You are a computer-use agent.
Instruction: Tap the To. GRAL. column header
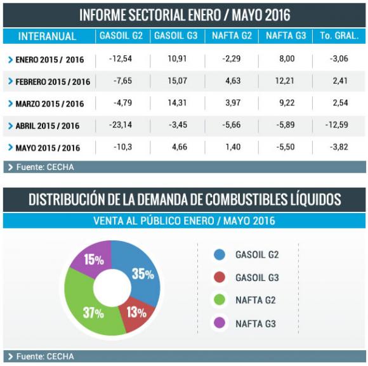tap(339, 36)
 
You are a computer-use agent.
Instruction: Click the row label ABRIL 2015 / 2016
tap(48, 126)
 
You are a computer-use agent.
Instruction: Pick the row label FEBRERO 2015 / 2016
tap(52, 82)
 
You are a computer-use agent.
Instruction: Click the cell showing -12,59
tap(338, 126)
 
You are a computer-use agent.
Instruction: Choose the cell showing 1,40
tap(232, 147)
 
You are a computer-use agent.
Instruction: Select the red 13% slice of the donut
tap(136, 312)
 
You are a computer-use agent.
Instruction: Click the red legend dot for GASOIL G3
tap(220, 278)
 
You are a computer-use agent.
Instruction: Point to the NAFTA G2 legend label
tap(256, 301)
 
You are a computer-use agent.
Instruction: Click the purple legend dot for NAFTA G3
tap(220, 324)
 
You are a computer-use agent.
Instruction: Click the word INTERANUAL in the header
tap(48, 37)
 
